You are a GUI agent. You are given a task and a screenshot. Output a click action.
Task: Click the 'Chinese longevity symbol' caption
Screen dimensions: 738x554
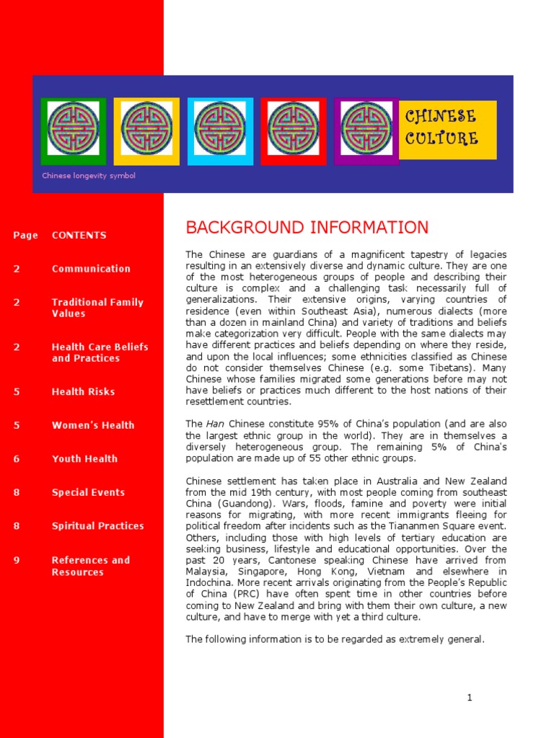[x=88, y=176]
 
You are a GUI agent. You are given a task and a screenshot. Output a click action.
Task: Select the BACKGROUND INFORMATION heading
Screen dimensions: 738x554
[x=307, y=228]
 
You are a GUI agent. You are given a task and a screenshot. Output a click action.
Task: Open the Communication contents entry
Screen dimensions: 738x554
[x=91, y=269]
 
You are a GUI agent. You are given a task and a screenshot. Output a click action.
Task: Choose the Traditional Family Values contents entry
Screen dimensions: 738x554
[x=97, y=308]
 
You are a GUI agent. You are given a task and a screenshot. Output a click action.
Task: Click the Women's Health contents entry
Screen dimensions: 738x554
[x=92, y=425]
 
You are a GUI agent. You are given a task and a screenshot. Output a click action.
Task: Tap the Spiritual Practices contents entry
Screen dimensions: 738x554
[x=97, y=526]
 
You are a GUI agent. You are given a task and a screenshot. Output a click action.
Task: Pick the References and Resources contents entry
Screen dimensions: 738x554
[x=91, y=566]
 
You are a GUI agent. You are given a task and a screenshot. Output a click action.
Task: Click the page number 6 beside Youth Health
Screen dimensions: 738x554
[x=17, y=459]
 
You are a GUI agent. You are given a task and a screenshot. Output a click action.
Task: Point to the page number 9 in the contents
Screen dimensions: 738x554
[x=17, y=560]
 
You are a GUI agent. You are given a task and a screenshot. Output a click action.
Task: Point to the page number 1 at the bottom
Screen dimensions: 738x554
[x=469, y=698]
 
